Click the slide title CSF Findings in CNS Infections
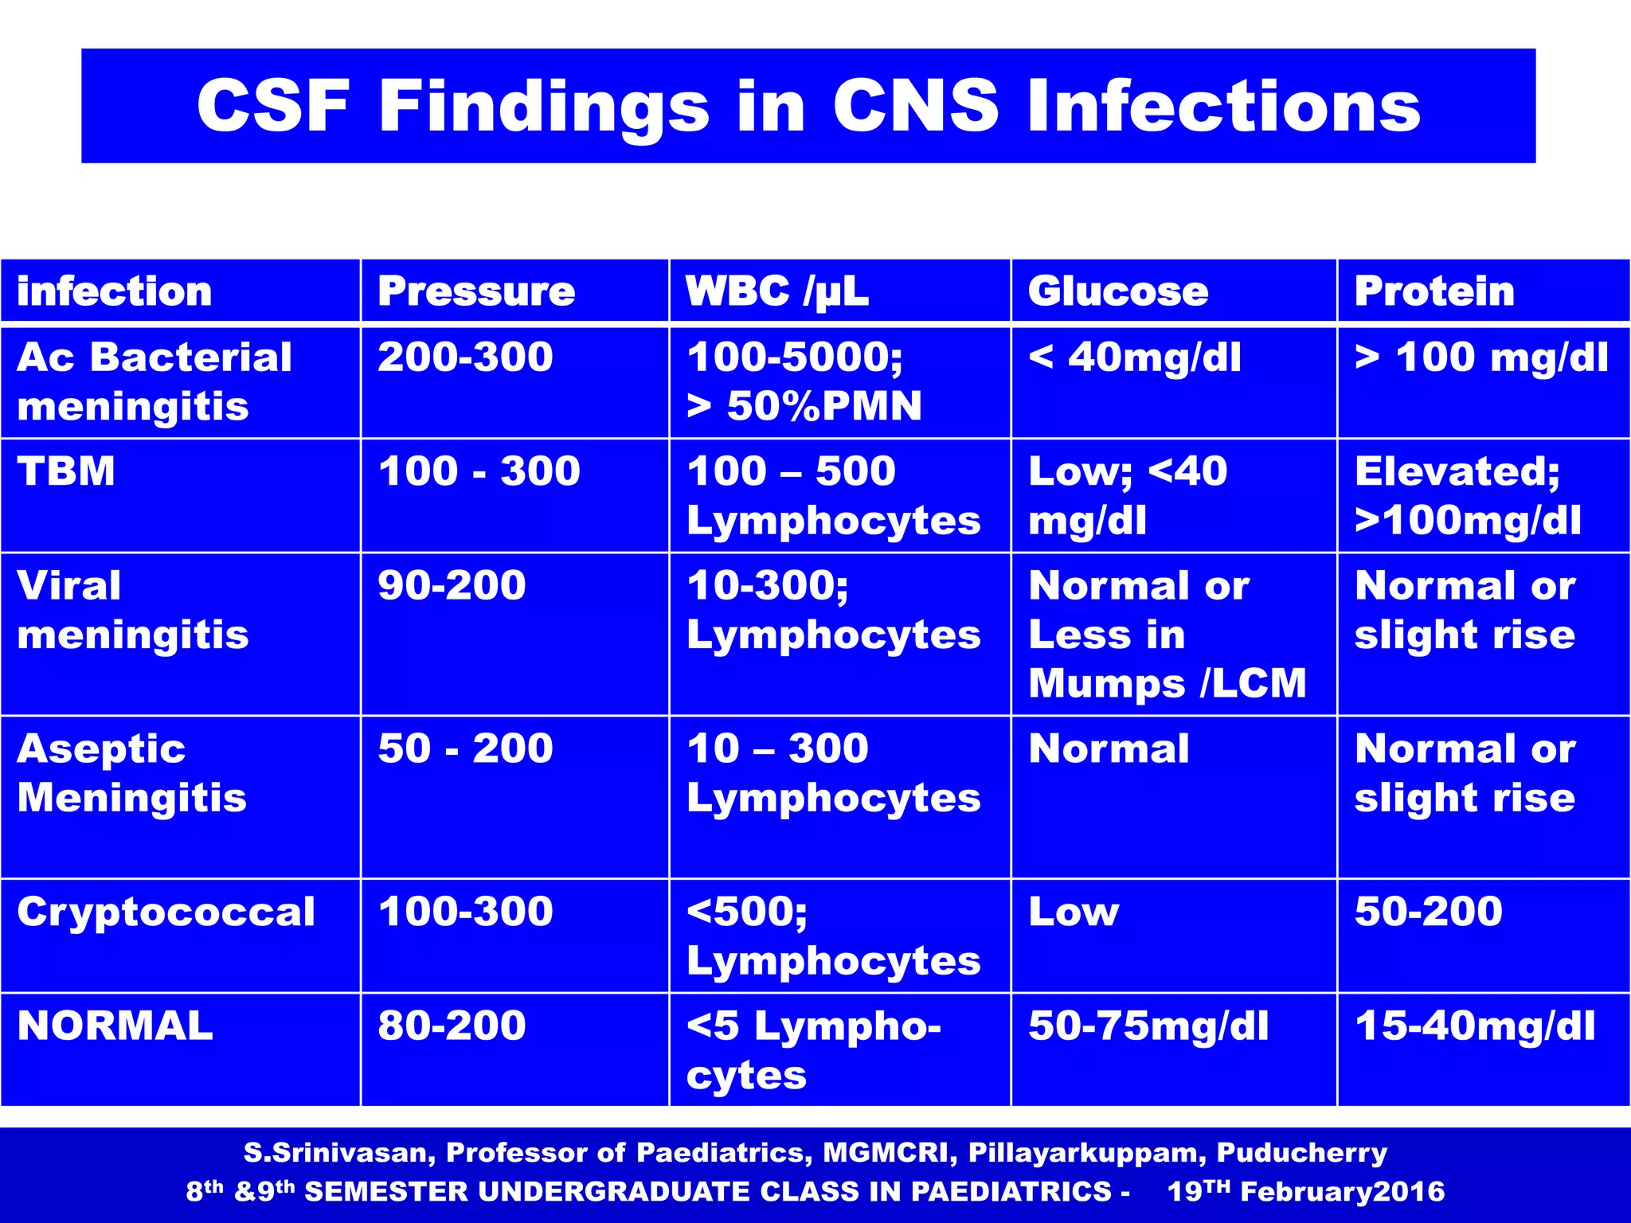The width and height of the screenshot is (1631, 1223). [808, 106]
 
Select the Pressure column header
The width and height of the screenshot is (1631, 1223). [476, 291]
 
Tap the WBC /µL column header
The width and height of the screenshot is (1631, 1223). [776, 291]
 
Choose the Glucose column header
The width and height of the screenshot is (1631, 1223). [1118, 291]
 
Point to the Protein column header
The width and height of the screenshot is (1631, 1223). [1434, 291]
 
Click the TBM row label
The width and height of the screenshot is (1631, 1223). [66, 471]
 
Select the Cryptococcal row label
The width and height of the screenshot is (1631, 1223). [166, 912]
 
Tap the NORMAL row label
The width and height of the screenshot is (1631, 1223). [115, 1026]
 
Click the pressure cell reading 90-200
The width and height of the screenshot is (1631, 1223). [452, 585]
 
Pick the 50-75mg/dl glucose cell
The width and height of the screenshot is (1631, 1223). [1148, 1026]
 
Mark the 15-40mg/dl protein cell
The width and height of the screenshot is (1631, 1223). [1475, 1026]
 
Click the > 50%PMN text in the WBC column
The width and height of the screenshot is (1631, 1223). [804, 406]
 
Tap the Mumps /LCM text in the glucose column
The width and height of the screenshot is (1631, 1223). [1168, 683]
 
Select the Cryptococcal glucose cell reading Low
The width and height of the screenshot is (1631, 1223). [1074, 912]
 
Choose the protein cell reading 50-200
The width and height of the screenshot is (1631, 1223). [1429, 912]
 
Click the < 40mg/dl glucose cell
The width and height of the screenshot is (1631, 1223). [1135, 358]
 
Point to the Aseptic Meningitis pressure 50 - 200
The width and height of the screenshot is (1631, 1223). [465, 748]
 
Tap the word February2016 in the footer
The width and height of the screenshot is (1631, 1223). [1342, 1192]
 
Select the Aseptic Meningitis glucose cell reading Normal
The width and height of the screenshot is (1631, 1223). [1109, 748]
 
